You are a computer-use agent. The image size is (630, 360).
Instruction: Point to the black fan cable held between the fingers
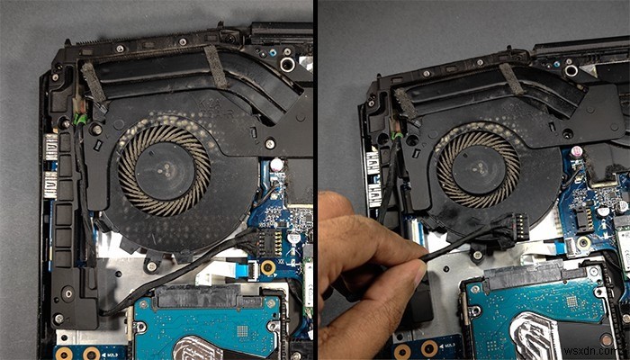pyautogui.click(x=423, y=265)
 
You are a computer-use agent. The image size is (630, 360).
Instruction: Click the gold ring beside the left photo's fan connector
pyautogui.click(x=267, y=268)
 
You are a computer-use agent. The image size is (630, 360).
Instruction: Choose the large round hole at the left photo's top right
pyautogui.click(x=287, y=65)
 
